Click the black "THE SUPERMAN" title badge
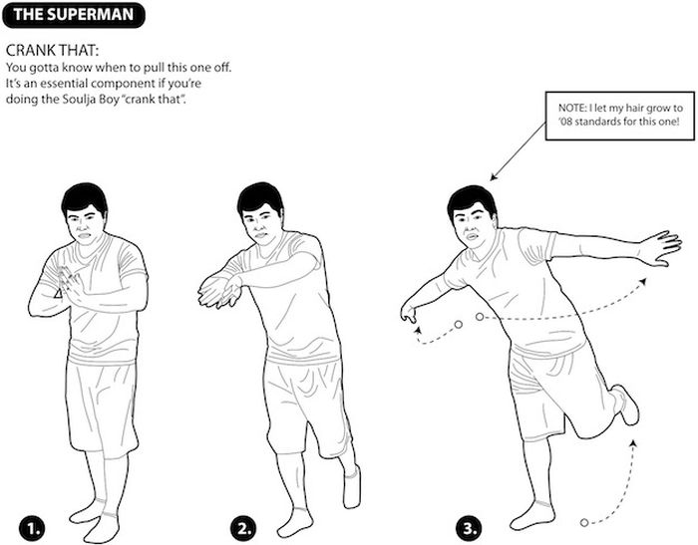[74, 15]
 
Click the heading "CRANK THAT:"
[52, 50]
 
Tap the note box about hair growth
[619, 116]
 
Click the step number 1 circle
[32, 529]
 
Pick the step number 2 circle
[243, 529]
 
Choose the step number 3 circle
[469, 529]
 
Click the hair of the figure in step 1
[84, 198]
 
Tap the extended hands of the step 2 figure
[219, 291]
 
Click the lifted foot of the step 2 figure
[352, 486]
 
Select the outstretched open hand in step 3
[660, 248]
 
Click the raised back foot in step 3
[626, 405]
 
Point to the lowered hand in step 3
[408, 313]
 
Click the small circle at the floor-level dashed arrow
[584, 522]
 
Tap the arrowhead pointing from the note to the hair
[493, 177]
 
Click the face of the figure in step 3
[475, 227]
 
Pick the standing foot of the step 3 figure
[532, 515]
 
